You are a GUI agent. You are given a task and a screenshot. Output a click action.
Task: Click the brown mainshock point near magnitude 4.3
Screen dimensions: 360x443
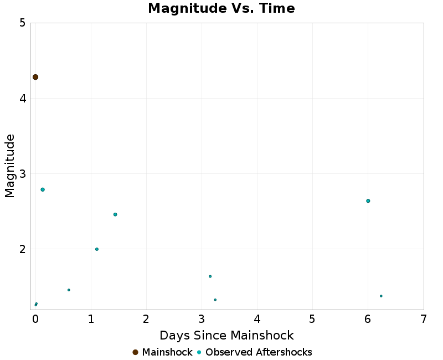(35, 77)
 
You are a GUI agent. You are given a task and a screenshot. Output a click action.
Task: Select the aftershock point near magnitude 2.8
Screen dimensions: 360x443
(43, 189)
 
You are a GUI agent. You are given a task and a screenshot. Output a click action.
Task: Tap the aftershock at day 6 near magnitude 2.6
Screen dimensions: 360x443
(368, 200)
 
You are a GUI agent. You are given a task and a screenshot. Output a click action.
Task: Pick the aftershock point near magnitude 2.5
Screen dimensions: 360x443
(115, 214)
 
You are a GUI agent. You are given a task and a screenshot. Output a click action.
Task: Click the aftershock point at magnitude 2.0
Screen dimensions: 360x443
(97, 249)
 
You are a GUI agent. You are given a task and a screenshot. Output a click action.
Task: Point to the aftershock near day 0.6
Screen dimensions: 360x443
(69, 290)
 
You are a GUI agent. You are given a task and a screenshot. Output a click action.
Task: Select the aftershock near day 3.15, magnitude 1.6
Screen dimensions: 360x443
(210, 276)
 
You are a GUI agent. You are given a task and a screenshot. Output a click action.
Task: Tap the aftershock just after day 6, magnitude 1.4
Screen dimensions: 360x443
(381, 296)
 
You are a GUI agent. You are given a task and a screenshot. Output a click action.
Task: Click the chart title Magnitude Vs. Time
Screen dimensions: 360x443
(221, 8)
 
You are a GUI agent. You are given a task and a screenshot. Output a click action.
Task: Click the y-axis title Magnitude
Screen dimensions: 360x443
(9, 166)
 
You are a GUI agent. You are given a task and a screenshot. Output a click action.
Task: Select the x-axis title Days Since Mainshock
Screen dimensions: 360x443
(226, 335)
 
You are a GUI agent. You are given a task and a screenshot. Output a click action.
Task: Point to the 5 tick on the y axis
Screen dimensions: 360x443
(22, 23)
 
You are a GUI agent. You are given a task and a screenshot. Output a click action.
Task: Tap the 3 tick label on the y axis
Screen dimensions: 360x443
(22, 174)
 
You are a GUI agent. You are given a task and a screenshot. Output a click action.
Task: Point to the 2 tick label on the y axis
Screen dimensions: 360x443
(22, 249)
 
